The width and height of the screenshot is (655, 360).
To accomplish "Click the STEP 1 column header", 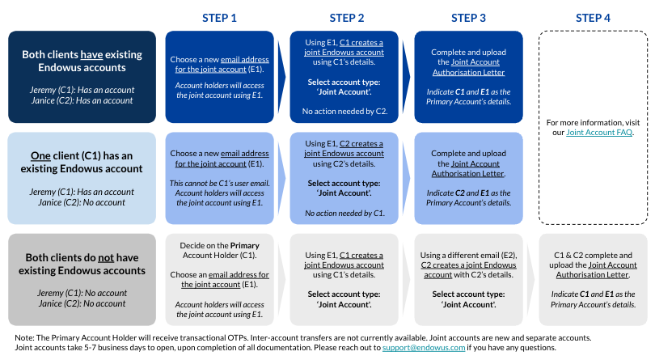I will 219,18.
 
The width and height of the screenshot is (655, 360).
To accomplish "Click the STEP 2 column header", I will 347,18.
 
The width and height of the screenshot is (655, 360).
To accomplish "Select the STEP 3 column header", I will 469,18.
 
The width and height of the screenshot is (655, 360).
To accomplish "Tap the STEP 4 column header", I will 594,18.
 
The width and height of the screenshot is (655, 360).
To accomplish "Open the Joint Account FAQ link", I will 599,131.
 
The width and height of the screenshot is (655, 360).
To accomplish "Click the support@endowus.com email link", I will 424,347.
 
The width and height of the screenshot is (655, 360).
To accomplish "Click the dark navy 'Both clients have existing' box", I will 82,77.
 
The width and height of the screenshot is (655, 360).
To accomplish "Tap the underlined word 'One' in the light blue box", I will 40,155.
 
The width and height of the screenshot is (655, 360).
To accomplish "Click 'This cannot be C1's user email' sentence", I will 218,184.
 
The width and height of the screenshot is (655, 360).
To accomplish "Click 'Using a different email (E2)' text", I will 469,256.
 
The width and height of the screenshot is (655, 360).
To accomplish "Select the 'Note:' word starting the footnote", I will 25,337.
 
